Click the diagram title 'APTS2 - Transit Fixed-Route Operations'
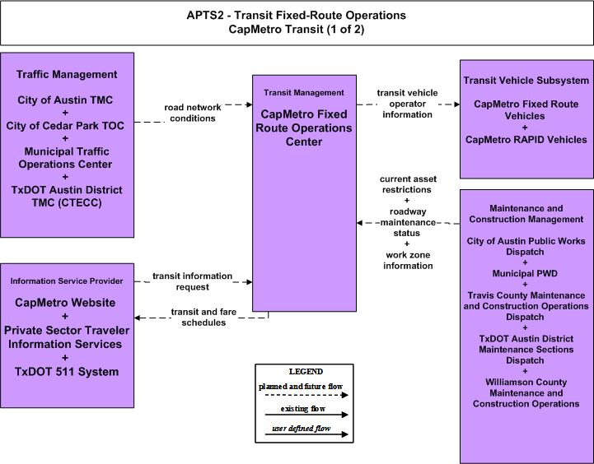(x=297, y=16)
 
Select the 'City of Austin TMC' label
(x=65, y=100)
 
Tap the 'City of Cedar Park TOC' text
(x=65, y=126)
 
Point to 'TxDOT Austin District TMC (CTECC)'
(x=67, y=197)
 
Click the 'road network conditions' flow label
(x=193, y=113)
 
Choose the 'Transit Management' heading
(x=304, y=93)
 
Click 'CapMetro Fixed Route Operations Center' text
(x=304, y=128)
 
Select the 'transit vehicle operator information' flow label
(x=407, y=104)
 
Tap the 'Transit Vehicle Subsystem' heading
(x=526, y=81)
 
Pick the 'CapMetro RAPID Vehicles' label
(x=526, y=140)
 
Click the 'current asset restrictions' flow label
(x=408, y=184)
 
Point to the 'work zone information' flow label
(x=408, y=260)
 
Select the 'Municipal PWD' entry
(x=525, y=273)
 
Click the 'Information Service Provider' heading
(x=67, y=281)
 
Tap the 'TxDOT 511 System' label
(x=67, y=372)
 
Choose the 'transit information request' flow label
(x=193, y=281)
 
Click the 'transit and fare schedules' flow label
(x=203, y=317)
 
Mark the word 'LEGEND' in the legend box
(x=306, y=372)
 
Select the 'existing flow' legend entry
(x=303, y=409)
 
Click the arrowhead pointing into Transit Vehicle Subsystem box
(x=457, y=104)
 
